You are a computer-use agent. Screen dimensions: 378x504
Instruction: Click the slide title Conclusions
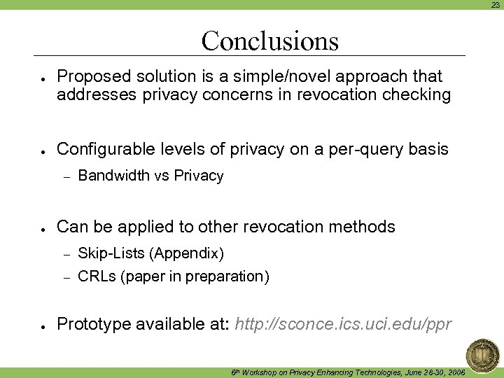269,41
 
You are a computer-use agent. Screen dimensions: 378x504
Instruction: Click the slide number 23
494,4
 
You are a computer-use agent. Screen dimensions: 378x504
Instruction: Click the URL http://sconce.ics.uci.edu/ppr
344,325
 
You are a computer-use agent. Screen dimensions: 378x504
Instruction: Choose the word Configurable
101,149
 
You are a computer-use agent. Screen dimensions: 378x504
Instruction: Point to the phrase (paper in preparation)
195,276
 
